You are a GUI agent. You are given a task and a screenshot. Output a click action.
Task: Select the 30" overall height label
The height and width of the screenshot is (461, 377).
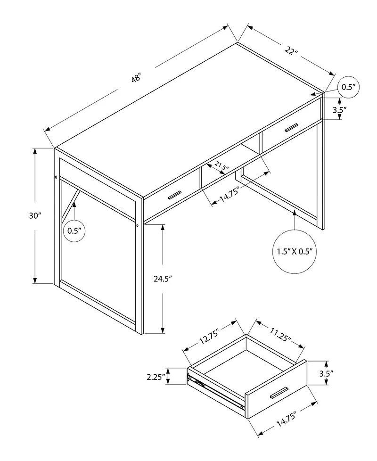click(x=35, y=215)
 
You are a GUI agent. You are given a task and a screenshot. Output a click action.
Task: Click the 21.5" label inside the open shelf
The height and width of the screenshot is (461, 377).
click(x=221, y=166)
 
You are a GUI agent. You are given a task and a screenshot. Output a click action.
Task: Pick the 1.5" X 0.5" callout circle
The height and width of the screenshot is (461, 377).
click(x=293, y=251)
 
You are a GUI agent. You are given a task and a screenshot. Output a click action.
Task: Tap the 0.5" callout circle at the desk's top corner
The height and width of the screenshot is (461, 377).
click(x=348, y=87)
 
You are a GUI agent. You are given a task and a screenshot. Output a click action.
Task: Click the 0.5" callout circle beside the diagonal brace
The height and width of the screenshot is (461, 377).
click(x=75, y=230)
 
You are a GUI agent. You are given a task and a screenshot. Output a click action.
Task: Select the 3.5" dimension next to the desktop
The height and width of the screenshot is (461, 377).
click(x=339, y=110)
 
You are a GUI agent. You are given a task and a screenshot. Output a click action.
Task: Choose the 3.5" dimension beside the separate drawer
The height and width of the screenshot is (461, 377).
click(x=326, y=373)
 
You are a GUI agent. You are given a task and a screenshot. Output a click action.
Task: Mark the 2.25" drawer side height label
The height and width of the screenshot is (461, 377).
click(x=156, y=377)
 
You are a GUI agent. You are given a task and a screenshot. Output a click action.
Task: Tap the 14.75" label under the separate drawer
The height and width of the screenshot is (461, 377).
click(x=286, y=419)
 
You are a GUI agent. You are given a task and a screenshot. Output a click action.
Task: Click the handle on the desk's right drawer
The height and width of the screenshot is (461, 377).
click(x=288, y=128)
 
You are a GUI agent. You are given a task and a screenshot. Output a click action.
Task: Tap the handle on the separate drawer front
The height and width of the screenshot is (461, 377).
click(x=279, y=392)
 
